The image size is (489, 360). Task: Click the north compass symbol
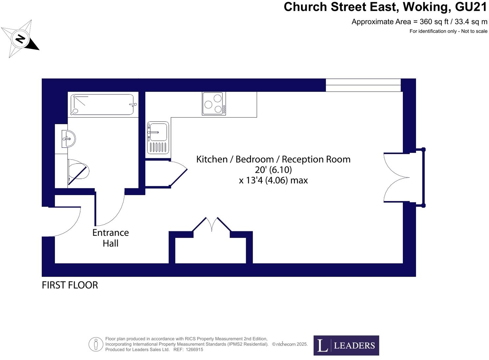[x=20, y=39]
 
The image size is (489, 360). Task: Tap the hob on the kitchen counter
[x=214, y=103]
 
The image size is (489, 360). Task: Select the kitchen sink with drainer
[x=158, y=137]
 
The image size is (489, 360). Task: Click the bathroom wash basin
[x=69, y=139]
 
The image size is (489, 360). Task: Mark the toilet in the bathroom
[x=78, y=171]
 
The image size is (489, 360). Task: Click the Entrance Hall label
[x=110, y=238]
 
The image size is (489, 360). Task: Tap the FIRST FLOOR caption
[x=70, y=285]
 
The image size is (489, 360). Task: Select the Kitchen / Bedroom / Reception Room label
[x=273, y=159]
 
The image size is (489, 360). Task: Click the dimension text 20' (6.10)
[x=273, y=170]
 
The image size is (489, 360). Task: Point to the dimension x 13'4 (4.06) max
[x=273, y=180]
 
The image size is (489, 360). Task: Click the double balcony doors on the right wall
[x=397, y=177]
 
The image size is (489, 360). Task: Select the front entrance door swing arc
[x=67, y=222]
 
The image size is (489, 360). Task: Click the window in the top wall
[x=363, y=85]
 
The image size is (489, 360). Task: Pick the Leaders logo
[x=346, y=345]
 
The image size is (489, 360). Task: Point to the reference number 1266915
[x=194, y=349]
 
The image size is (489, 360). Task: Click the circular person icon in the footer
[x=96, y=345]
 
